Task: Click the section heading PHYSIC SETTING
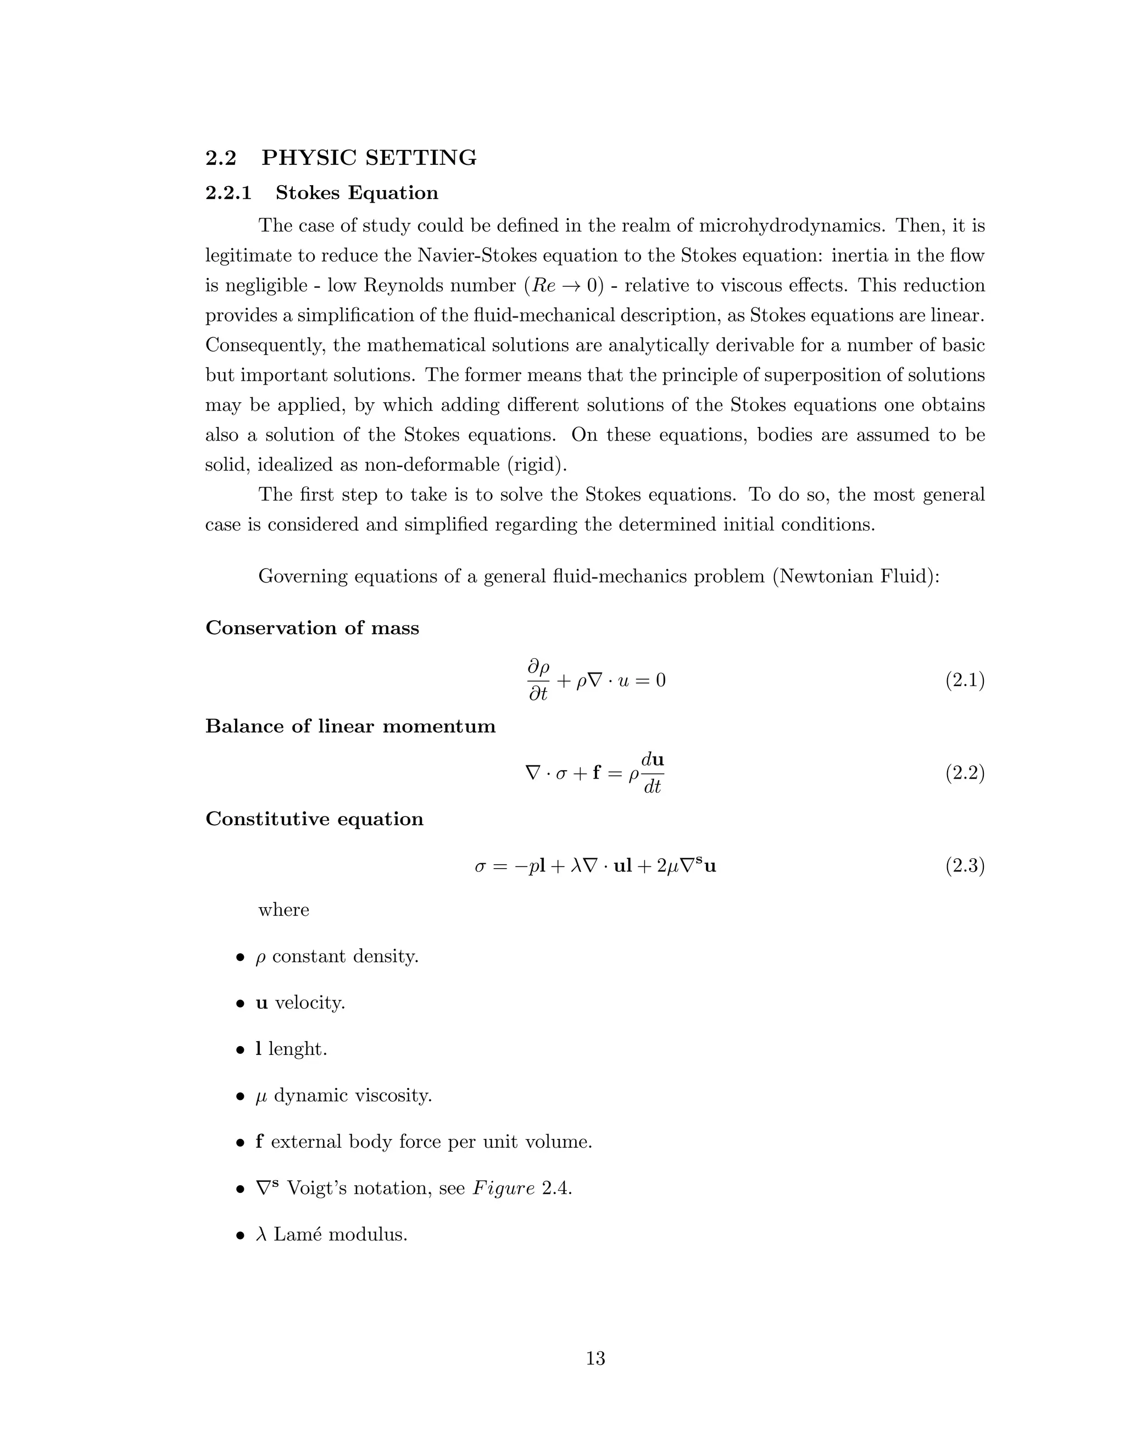[x=369, y=158]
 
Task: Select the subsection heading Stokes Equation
[x=357, y=193]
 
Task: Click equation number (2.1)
[x=965, y=681]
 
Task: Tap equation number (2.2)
[x=965, y=774]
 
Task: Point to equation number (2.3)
[x=965, y=866]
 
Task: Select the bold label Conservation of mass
[x=312, y=628]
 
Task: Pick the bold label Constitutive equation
[x=314, y=819]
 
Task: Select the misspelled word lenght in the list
[x=297, y=1049]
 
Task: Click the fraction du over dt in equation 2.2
[x=652, y=774]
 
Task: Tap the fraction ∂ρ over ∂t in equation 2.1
[x=538, y=681]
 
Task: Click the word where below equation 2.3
[x=283, y=910]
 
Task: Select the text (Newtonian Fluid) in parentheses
[x=856, y=576]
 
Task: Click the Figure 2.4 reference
[x=522, y=1188]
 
